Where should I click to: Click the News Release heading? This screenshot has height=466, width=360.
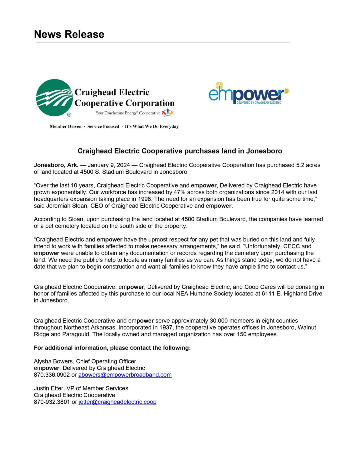69,34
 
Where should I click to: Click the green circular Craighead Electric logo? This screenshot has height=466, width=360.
54,98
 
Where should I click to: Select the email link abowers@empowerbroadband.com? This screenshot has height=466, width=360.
125,375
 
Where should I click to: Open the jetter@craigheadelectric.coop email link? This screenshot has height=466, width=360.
117,402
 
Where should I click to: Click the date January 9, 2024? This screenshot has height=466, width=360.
109,165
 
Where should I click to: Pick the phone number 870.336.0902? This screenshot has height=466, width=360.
52,375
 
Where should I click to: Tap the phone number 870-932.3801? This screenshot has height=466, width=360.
52,402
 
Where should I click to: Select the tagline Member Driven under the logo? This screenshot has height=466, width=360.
66,127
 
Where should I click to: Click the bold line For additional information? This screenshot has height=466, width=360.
112,348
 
